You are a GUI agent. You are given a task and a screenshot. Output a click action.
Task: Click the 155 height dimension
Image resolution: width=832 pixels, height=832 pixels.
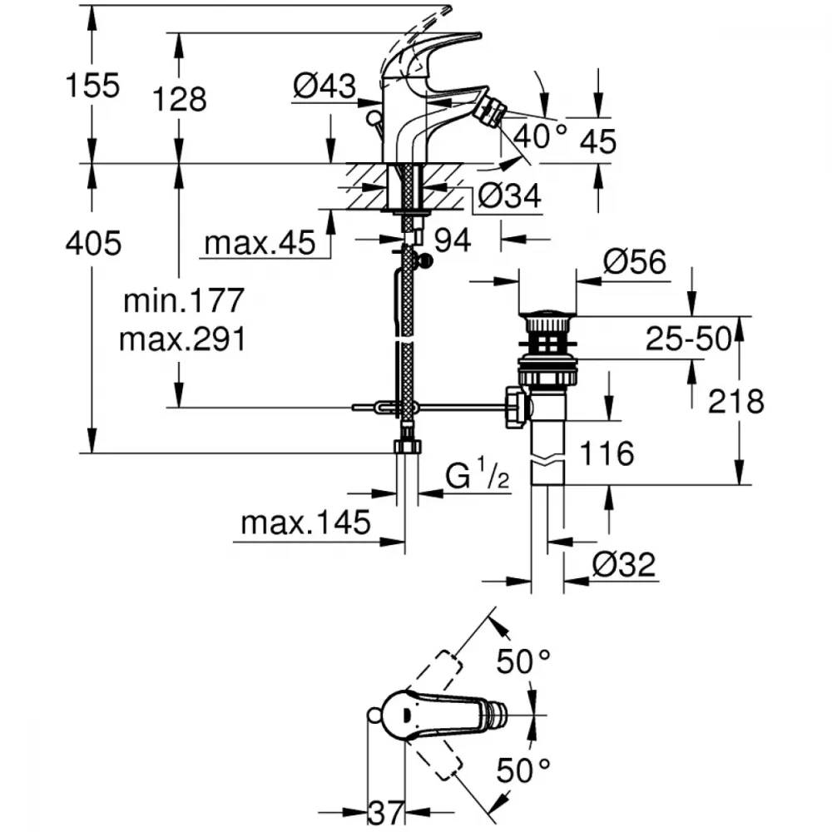(x=93, y=86)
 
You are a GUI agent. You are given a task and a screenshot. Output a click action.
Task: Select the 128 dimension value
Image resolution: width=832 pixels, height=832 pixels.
(x=180, y=99)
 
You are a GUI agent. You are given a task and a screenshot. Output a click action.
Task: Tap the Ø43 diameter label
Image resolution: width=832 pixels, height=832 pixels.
(x=324, y=86)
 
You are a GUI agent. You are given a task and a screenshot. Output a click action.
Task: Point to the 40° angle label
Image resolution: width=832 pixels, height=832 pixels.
(x=540, y=136)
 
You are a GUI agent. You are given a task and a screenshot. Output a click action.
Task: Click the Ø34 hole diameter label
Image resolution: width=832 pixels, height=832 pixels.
(x=509, y=196)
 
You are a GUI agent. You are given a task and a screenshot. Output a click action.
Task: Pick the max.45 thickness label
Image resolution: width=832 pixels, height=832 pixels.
(x=260, y=243)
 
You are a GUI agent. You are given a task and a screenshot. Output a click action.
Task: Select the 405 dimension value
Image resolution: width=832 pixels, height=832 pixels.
(x=93, y=244)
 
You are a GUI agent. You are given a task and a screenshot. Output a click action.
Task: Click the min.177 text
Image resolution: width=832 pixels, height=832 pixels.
(x=184, y=300)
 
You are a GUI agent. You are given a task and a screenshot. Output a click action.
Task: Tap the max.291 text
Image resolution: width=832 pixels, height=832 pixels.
(x=183, y=339)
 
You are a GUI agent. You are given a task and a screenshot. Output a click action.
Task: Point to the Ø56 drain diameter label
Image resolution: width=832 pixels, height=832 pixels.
(x=635, y=261)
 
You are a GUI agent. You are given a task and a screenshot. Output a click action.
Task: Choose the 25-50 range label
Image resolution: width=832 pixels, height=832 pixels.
(x=688, y=339)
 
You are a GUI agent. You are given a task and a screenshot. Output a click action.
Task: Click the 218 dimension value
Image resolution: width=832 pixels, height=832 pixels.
(x=736, y=401)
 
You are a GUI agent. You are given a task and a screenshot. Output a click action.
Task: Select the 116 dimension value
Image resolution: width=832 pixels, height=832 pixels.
(x=607, y=453)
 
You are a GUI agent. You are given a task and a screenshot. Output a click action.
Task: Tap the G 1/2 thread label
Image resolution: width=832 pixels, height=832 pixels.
(x=477, y=474)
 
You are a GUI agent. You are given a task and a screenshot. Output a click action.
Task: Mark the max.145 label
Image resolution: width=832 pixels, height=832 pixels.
(x=305, y=522)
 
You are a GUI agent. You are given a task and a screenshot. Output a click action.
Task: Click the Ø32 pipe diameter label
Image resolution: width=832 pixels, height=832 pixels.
(x=624, y=564)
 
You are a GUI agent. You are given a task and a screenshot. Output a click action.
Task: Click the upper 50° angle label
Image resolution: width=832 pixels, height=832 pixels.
(x=523, y=661)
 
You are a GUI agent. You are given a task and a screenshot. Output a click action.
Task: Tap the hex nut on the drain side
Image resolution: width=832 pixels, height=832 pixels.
(x=516, y=408)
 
